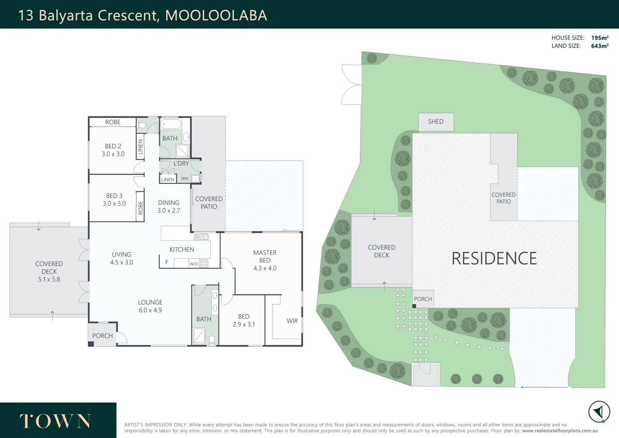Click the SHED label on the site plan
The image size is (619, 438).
pyautogui.click(x=435, y=122)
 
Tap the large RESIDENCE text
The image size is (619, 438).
pyautogui.click(x=494, y=259)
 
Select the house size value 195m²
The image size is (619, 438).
pyautogui.click(x=600, y=38)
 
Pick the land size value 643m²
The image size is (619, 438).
pyautogui.click(x=600, y=46)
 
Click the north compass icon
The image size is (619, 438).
pyautogui.click(x=599, y=412)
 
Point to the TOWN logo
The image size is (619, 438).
pyautogui.click(x=55, y=421)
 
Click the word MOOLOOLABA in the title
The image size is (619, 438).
pyautogui.click(x=216, y=15)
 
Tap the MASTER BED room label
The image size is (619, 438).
pyautogui.click(x=265, y=256)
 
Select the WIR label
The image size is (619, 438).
pyautogui.click(x=292, y=321)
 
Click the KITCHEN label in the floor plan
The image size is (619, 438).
pyautogui.click(x=182, y=249)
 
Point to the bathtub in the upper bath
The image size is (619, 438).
pyautogui.click(x=171, y=124)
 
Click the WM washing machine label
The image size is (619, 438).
pyautogui.click(x=184, y=178)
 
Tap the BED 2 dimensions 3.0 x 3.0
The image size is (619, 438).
pyautogui.click(x=113, y=154)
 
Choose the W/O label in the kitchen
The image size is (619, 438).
pyautogui.click(x=194, y=264)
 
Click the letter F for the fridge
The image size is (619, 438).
pyautogui.click(x=167, y=262)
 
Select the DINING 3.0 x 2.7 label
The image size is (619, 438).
pyautogui.click(x=169, y=206)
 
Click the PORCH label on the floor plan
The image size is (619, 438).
pyautogui.click(x=102, y=336)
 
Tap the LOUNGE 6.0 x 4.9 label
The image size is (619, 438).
pyautogui.click(x=150, y=306)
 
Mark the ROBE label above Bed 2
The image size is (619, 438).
pyautogui.click(x=113, y=122)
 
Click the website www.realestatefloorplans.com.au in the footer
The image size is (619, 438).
pyautogui.click(x=560, y=431)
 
